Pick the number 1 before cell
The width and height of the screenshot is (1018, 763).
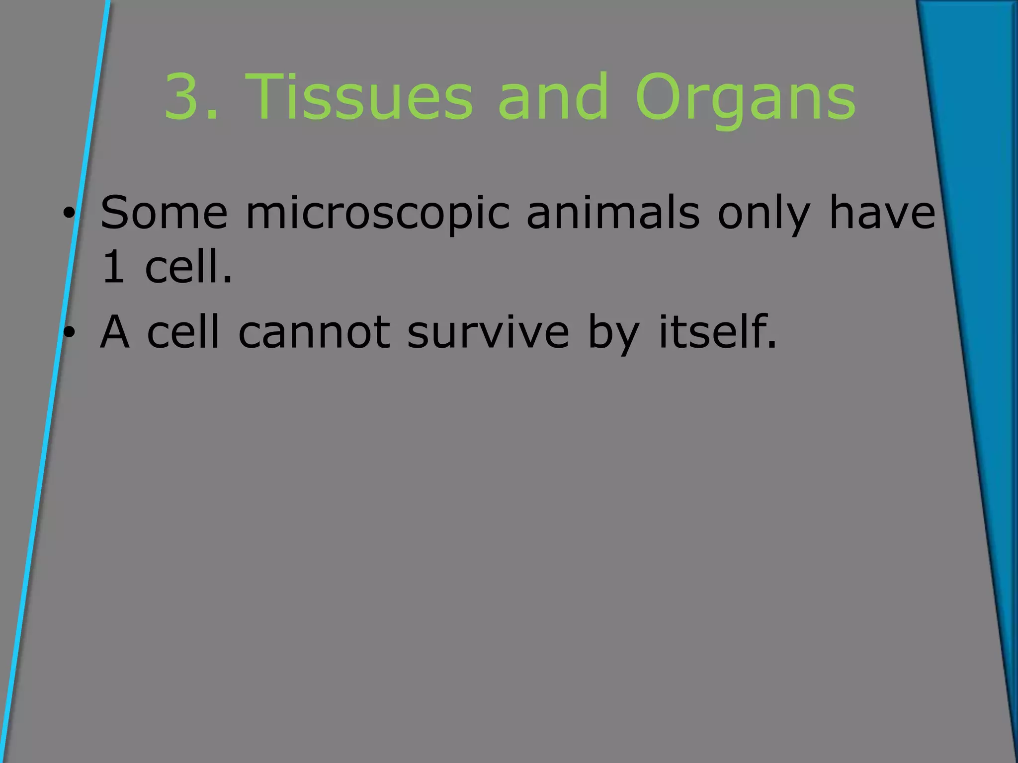pyautogui.click(x=113, y=267)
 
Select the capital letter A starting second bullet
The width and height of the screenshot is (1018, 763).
pyautogui.click(x=115, y=332)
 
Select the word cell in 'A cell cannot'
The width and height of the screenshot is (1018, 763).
pyautogui.click(x=183, y=332)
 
